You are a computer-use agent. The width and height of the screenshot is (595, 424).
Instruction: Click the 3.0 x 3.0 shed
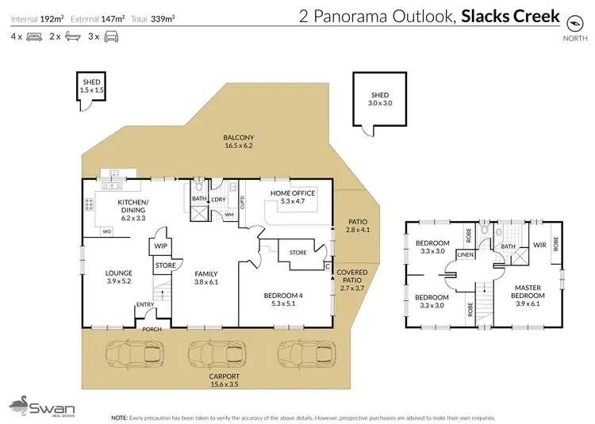380,98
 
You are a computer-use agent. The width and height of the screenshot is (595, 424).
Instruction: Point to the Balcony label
238,141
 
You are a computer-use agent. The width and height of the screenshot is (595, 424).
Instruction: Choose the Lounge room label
119,276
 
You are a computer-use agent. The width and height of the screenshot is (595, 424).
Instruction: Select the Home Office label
293,197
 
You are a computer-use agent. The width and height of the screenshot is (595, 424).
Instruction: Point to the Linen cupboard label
466,254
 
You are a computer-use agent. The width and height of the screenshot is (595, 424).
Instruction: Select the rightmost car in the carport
302,353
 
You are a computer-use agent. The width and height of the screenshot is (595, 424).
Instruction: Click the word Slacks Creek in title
511,16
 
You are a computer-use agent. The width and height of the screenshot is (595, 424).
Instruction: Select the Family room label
206,276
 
